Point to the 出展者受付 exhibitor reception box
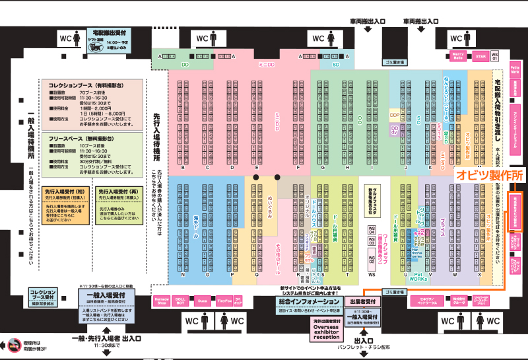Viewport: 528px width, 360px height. pyautogui.click(x=362, y=301)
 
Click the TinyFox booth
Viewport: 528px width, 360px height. pyautogui.click(x=225, y=301)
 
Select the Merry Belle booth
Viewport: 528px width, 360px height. pyautogui.click(x=458, y=56)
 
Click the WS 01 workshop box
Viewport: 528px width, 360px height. pyautogui.click(x=495, y=56)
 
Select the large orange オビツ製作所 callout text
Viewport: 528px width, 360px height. pyautogui.click(x=488, y=176)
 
